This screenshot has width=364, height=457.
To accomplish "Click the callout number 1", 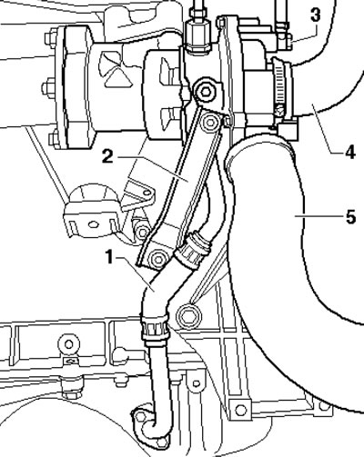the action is click(x=110, y=258).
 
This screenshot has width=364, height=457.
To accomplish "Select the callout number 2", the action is click(x=107, y=157).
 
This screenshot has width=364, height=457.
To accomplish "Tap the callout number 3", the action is click(x=316, y=15).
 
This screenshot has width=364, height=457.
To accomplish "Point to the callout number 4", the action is click(x=349, y=153).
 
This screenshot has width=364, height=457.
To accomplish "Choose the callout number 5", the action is click(x=350, y=217).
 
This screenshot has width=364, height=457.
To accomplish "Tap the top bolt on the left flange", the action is click(x=50, y=38).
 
